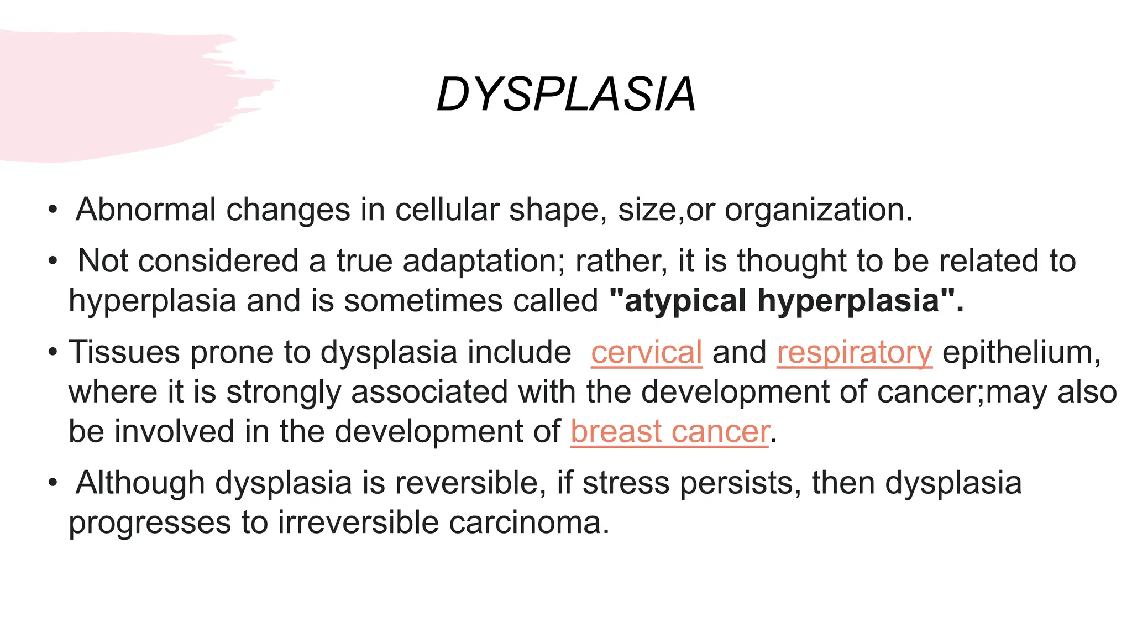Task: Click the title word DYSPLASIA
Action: point(565,95)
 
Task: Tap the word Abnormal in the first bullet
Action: point(145,210)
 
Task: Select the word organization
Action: point(818,211)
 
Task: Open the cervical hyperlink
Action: point(646,352)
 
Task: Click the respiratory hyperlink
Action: point(854,353)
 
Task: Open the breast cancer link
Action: point(669,431)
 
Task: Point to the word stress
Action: point(625,483)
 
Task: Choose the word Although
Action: point(140,483)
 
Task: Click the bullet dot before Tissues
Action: point(53,352)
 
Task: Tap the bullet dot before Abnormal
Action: point(53,210)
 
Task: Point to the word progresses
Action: point(150,523)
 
